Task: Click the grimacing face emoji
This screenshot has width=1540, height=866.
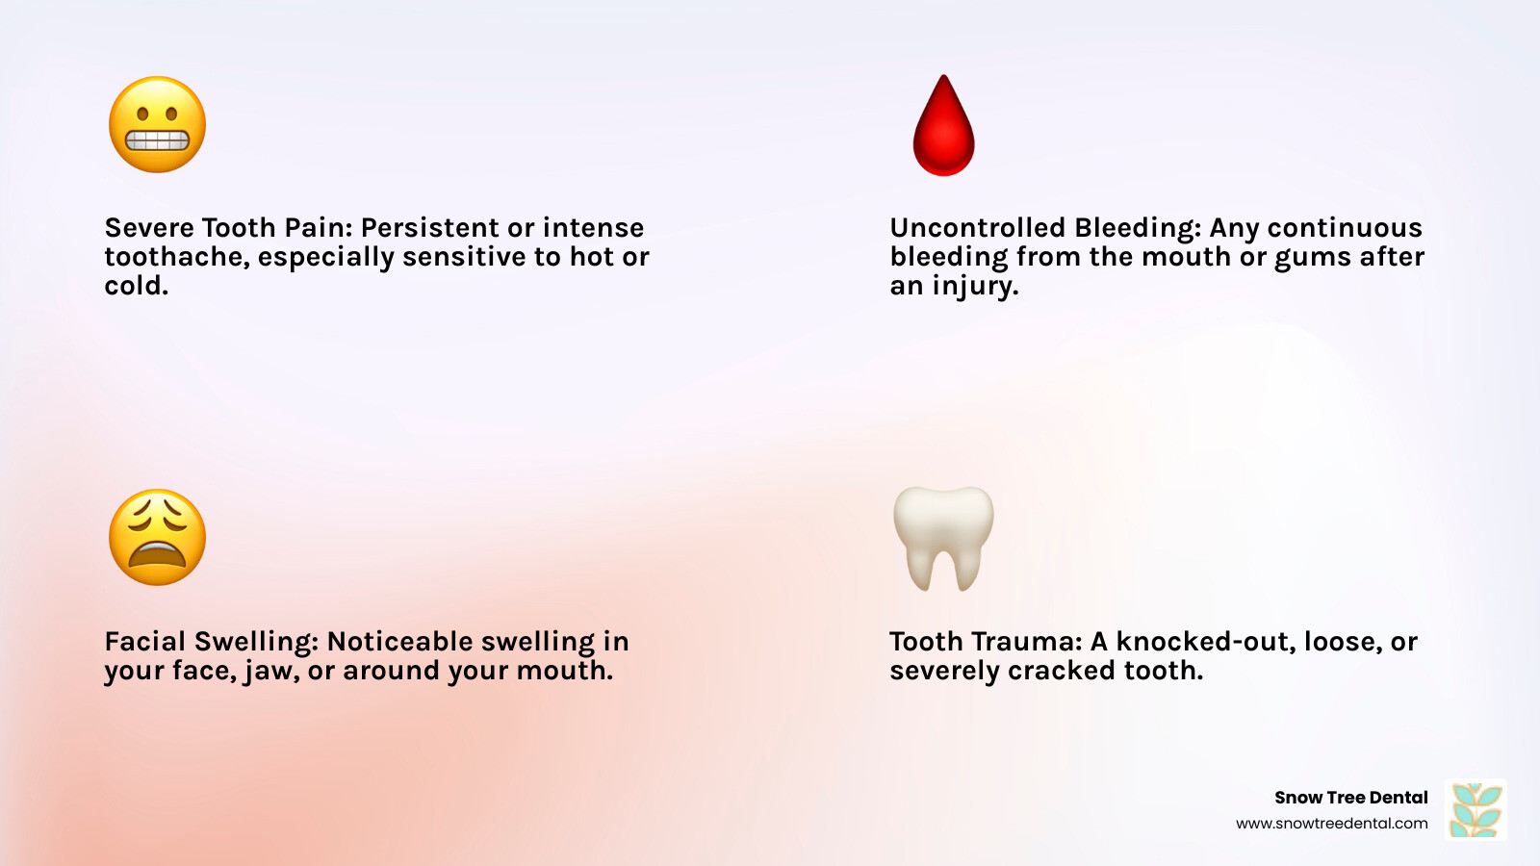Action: click(x=158, y=124)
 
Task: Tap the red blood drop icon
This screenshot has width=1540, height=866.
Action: click(x=943, y=125)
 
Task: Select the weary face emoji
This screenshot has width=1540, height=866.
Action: click(x=158, y=538)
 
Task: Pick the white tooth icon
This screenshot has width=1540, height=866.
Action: click(x=943, y=539)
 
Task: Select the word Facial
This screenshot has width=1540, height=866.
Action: click(x=145, y=641)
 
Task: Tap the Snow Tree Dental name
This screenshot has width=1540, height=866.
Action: click(x=1351, y=798)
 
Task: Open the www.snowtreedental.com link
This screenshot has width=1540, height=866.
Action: click(x=1332, y=824)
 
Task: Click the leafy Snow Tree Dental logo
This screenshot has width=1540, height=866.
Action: click(x=1476, y=809)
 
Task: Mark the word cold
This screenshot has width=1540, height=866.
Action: click(x=136, y=286)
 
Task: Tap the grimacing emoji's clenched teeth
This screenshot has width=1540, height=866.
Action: click(x=158, y=140)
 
